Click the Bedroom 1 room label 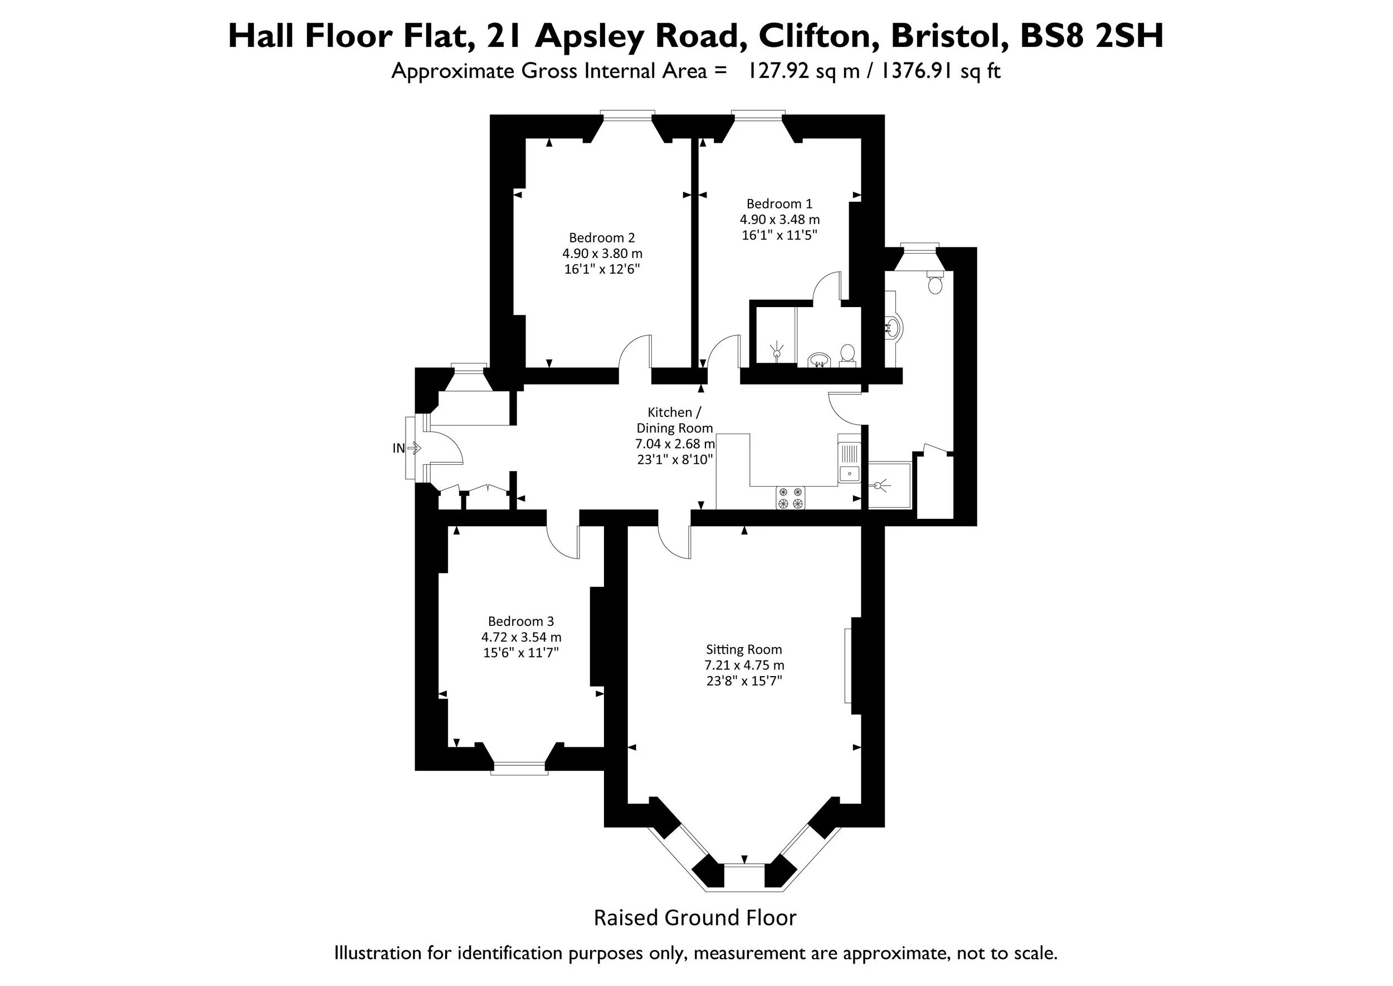(x=780, y=204)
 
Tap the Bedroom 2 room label (x=602, y=238)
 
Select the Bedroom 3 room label (x=521, y=621)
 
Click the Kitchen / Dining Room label (x=674, y=420)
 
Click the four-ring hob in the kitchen (x=790, y=498)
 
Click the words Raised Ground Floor (x=695, y=917)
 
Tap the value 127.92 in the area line (x=778, y=71)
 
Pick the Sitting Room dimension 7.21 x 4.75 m (x=744, y=666)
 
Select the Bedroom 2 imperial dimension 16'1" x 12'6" (x=602, y=270)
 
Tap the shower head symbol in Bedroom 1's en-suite (x=776, y=352)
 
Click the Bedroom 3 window (x=519, y=768)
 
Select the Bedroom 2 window (x=627, y=113)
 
